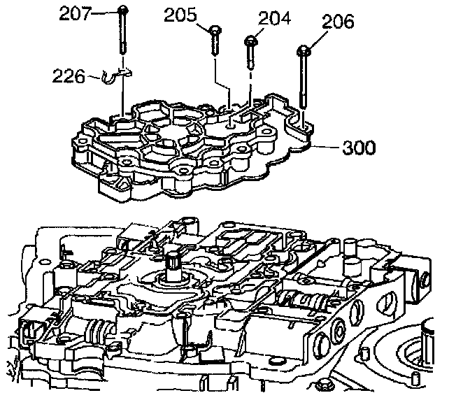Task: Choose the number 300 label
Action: (x=359, y=148)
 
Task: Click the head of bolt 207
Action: (x=123, y=9)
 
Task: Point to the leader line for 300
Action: (x=327, y=147)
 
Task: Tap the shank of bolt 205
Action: (x=213, y=48)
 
